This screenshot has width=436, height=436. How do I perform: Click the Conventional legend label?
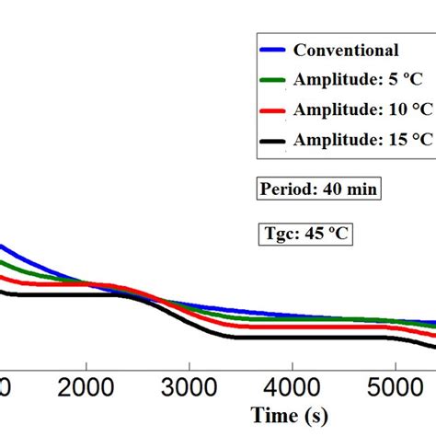[x=345, y=51]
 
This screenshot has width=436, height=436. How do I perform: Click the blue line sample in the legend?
[x=272, y=51]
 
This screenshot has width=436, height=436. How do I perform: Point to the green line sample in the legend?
[x=272, y=80]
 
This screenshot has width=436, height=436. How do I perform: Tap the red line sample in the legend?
[x=272, y=109]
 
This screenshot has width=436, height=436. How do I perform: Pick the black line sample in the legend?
[x=272, y=140]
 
